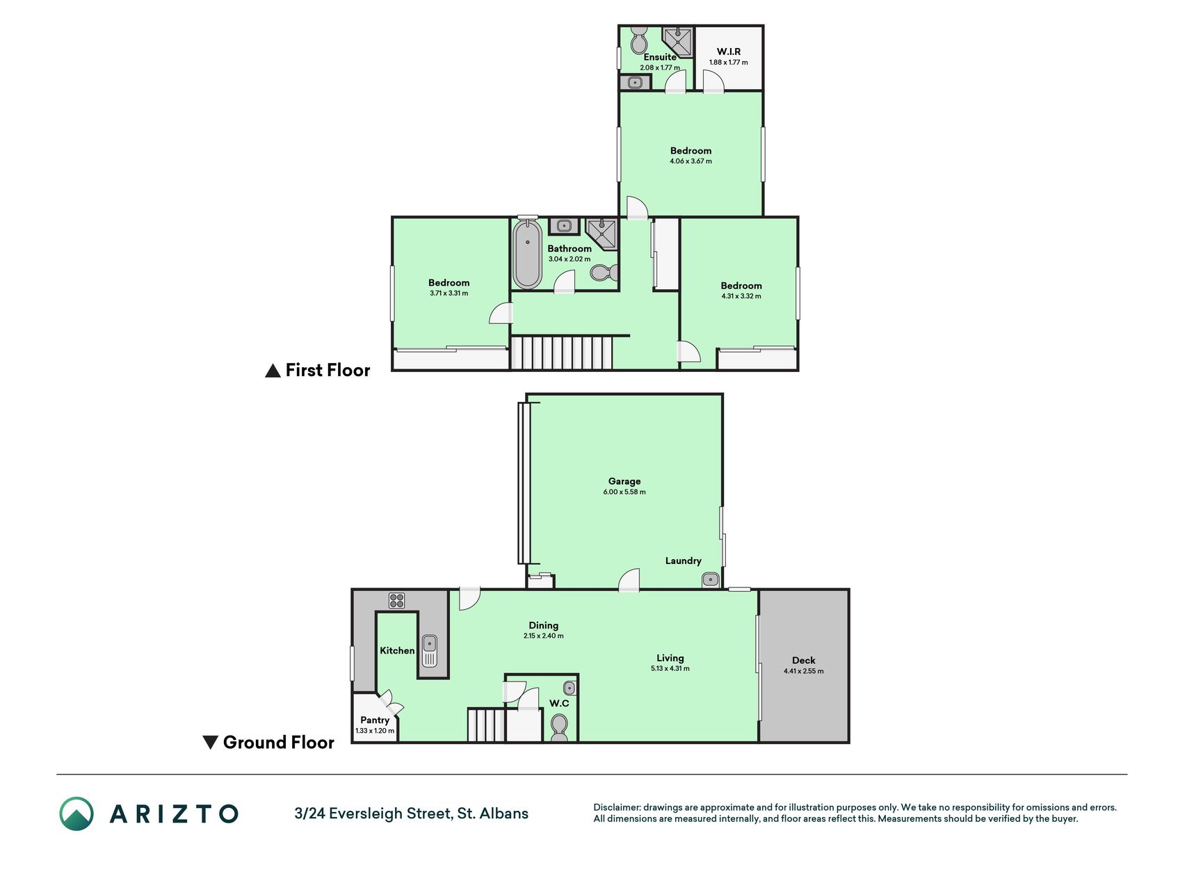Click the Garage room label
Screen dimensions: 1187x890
(624, 481)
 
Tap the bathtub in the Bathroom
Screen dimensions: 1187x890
(528, 253)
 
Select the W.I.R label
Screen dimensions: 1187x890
(729, 51)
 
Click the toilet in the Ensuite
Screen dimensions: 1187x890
(638, 40)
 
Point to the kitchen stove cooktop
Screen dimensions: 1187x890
(396, 601)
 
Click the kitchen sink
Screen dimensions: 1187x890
(429, 651)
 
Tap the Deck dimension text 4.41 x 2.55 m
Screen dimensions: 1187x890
(803, 671)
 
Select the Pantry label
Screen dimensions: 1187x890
(375, 720)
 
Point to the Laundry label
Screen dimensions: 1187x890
(683, 560)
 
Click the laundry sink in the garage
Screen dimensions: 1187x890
(710, 579)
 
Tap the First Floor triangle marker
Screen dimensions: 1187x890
(273, 371)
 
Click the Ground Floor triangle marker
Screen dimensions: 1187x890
(210, 743)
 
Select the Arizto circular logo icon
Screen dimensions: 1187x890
(76, 814)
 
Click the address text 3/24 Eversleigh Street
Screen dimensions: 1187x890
(373, 814)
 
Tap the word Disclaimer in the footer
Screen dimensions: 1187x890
(617, 807)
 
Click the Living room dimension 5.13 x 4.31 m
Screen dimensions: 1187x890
(670, 669)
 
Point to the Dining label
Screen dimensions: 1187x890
(543, 625)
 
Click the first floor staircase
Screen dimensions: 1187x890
(563, 353)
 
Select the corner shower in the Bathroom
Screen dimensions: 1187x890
(601, 234)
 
